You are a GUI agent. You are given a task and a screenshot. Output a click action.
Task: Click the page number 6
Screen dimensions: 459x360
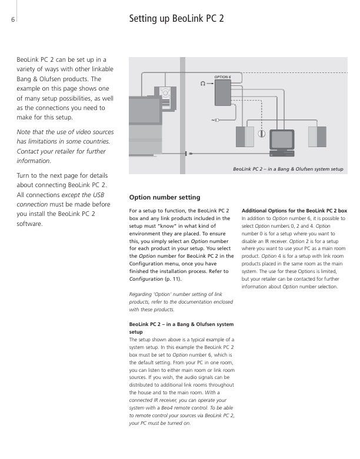click(12, 19)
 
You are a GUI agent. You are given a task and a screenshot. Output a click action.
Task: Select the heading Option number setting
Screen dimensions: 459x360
click(164, 197)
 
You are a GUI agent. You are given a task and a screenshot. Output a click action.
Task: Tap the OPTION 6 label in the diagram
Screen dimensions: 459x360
click(222, 77)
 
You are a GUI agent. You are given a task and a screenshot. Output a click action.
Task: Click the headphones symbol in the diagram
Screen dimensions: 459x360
click(204, 84)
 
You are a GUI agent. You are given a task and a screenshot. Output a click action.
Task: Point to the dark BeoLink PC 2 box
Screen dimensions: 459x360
click(223, 93)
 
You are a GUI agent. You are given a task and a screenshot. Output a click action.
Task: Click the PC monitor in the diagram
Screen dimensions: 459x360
click(281, 139)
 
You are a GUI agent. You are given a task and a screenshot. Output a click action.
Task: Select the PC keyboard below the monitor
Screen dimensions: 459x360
click(281, 154)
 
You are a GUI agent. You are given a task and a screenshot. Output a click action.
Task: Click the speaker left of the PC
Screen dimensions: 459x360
click(245, 137)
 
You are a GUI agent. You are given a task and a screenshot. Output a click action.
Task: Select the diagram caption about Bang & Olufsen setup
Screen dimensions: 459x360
click(288, 169)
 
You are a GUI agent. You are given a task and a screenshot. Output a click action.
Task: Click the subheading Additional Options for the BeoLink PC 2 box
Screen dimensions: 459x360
click(294, 210)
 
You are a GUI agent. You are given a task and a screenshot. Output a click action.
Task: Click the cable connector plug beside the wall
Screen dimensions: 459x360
click(188, 154)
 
